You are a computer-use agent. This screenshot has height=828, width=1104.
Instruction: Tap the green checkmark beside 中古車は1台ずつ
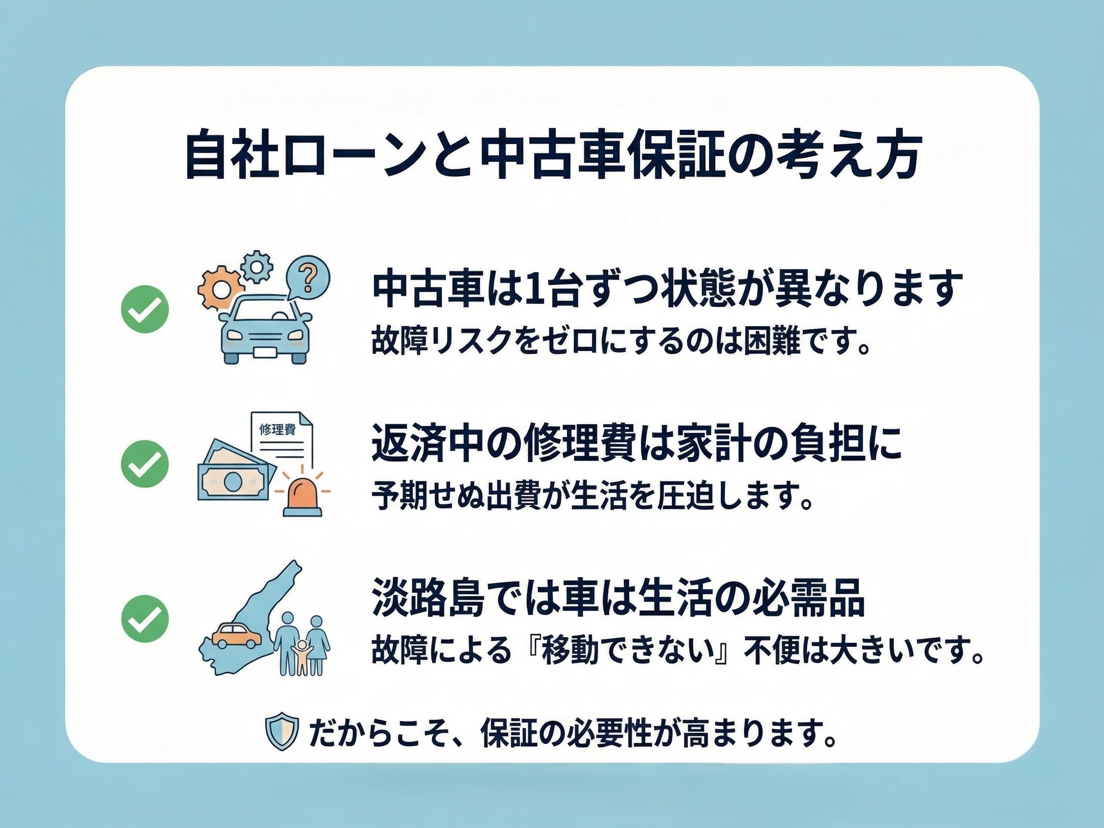click(x=145, y=310)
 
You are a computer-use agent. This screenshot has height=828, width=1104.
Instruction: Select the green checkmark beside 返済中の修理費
click(x=145, y=464)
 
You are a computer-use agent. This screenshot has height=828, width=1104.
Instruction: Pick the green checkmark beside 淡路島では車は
click(x=145, y=619)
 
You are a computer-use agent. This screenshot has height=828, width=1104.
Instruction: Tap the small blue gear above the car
click(x=256, y=266)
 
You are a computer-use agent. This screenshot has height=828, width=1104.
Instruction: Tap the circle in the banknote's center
click(x=232, y=482)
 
